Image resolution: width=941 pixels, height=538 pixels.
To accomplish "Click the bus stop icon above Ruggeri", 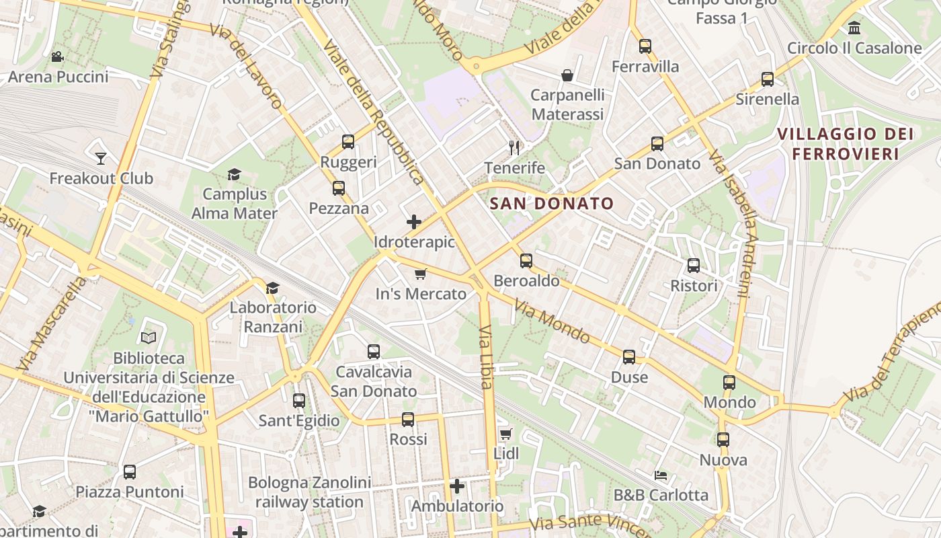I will [347, 142].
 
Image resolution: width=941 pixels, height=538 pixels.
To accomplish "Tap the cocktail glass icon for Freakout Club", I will [101, 158].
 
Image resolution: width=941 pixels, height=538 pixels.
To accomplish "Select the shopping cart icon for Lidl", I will [505, 434].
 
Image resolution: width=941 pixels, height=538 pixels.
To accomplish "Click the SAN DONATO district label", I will [552, 203].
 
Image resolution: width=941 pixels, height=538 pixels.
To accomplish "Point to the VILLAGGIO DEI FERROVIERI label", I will [845, 144].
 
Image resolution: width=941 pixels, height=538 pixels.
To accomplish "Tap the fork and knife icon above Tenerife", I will [514, 147].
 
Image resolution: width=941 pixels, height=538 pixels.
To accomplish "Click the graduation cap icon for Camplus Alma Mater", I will [234, 175].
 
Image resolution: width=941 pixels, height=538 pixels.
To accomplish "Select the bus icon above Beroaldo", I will [526, 260].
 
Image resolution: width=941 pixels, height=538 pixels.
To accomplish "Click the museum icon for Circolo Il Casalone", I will [854, 28].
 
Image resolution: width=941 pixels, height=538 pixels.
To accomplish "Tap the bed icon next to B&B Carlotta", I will [661, 475].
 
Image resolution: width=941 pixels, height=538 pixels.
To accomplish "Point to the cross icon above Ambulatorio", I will [457, 486].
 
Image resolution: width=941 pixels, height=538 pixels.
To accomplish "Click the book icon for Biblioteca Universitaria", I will [149, 337].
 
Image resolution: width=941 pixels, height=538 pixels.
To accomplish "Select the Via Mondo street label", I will [552, 322].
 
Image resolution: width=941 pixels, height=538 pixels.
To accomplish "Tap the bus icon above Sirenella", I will [768, 79].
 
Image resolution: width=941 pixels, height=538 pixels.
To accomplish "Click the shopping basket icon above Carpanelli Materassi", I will [567, 75].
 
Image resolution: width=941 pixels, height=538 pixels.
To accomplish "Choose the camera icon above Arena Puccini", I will [58, 57].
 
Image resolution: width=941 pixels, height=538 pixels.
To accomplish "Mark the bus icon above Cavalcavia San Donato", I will [373, 351].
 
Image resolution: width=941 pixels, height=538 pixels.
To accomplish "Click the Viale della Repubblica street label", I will [373, 111].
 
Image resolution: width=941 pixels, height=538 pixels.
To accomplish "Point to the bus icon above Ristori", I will [694, 266].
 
